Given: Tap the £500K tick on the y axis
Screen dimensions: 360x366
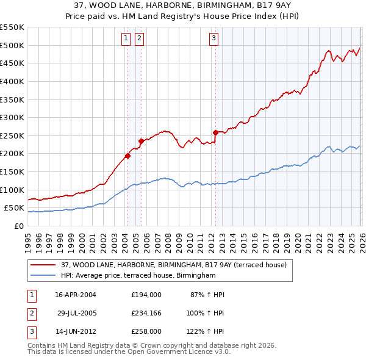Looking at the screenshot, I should click(12, 45).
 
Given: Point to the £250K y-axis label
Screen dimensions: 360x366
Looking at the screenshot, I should click(12, 135).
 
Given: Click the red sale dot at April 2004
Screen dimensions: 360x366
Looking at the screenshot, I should click(127, 156).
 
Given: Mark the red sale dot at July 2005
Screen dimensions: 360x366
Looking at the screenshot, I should click(141, 141).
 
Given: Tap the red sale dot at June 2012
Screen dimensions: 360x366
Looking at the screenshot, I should click(215, 132).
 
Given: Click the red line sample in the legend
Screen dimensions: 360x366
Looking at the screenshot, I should click(43, 265).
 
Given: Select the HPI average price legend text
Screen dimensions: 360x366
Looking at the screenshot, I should click(138, 276).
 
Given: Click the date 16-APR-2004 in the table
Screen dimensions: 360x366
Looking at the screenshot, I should click(76, 295).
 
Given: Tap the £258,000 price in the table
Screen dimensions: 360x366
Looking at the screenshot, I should click(146, 331).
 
